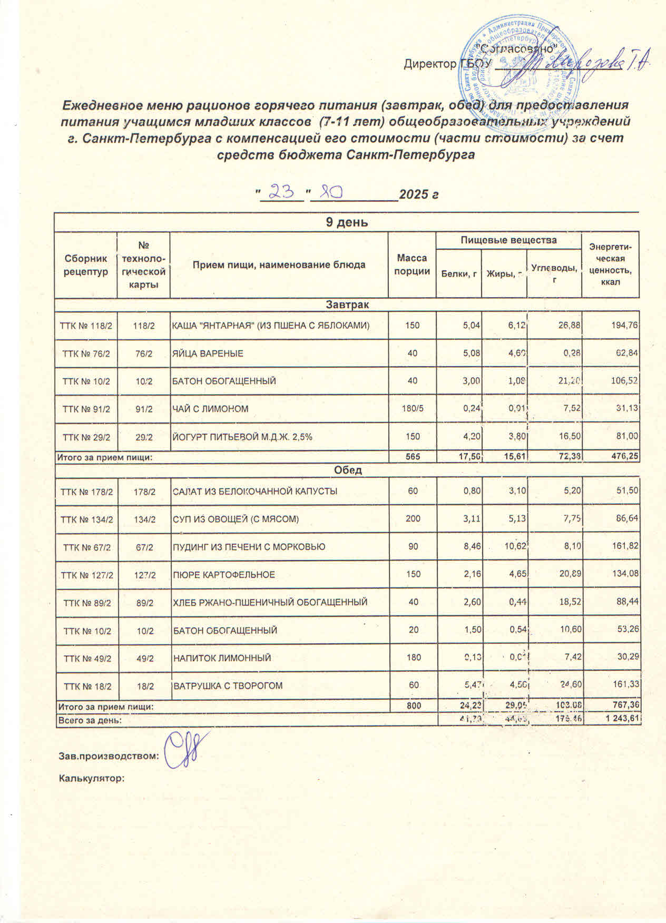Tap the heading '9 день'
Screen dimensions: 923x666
pos(347,222)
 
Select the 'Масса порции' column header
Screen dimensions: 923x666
pos(412,264)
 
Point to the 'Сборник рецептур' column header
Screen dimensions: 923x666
pos(86,264)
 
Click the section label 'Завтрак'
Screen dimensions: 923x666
pos(347,305)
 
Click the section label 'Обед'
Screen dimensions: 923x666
pos(347,470)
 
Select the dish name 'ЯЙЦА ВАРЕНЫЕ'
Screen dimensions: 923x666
pos(209,354)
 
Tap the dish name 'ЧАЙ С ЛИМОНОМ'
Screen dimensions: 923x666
pos(211,409)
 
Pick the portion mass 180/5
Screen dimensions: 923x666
pos(412,409)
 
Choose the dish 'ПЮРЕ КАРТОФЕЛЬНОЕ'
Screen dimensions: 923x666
pos(224,575)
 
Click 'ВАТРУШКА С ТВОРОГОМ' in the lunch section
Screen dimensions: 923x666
pos(228,686)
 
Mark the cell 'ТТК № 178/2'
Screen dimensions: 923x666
pos(86,492)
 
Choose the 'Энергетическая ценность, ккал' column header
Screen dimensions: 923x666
pos(611,264)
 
